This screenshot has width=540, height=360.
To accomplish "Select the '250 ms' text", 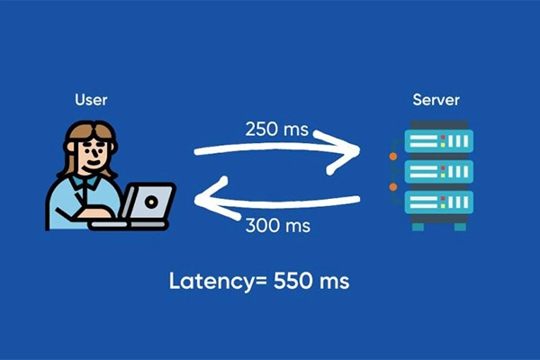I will [276, 129].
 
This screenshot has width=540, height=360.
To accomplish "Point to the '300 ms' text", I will [276, 225].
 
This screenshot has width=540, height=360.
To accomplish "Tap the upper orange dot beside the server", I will [393, 157].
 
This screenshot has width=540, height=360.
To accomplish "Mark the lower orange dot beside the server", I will [393, 186].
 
